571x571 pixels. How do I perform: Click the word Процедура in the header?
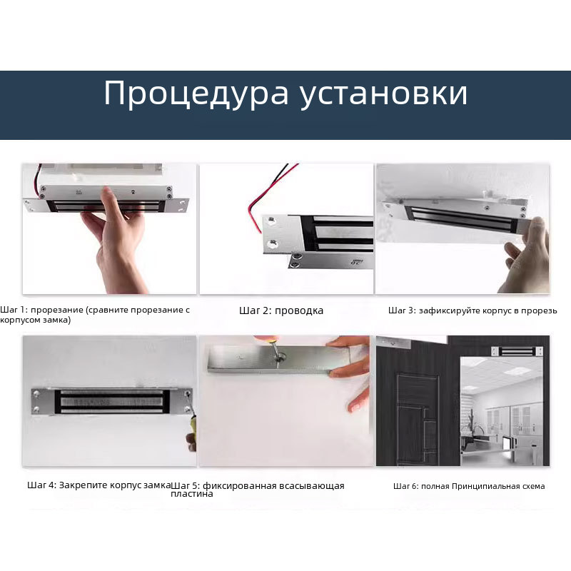coord(196,94)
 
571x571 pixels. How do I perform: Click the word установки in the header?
coord(383,94)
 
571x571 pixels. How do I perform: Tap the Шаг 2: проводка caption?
coord(281,310)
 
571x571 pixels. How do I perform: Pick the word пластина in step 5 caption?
coord(191,494)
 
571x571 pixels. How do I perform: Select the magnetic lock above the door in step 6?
coord(517,351)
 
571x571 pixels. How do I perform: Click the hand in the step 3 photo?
coord(525,255)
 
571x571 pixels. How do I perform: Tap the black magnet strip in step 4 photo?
coord(112,402)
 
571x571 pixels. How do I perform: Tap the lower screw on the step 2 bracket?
coord(271,243)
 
